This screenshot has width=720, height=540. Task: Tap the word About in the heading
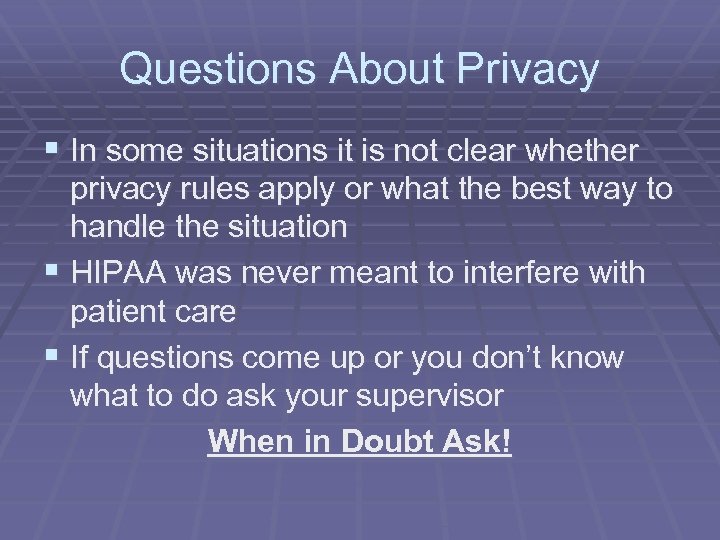click(382, 69)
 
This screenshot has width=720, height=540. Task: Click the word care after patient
click(208, 313)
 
